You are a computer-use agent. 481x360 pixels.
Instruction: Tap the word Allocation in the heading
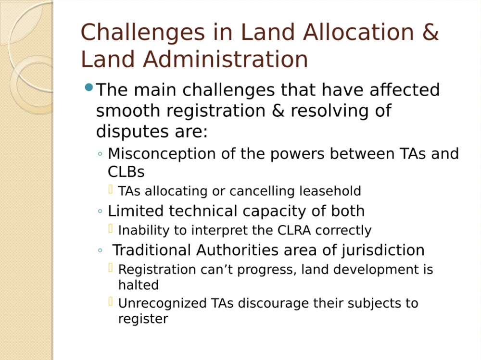coord(358,32)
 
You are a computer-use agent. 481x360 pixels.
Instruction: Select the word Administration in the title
coord(226,59)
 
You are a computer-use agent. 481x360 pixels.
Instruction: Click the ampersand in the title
coord(430,32)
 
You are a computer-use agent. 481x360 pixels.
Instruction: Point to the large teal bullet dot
coord(89,87)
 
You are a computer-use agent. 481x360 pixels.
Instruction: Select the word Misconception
coord(162,154)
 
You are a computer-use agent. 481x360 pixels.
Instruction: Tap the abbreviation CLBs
coord(126,172)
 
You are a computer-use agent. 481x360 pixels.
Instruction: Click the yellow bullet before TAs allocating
coord(111,189)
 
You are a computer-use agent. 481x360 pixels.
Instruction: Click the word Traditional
coord(152,250)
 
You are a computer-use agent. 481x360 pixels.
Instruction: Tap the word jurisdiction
coord(383,250)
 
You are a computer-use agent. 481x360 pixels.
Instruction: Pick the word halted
coord(139,285)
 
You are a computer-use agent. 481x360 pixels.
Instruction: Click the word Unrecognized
coord(162,304)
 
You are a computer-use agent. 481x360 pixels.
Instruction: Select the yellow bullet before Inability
coord(111,228)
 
